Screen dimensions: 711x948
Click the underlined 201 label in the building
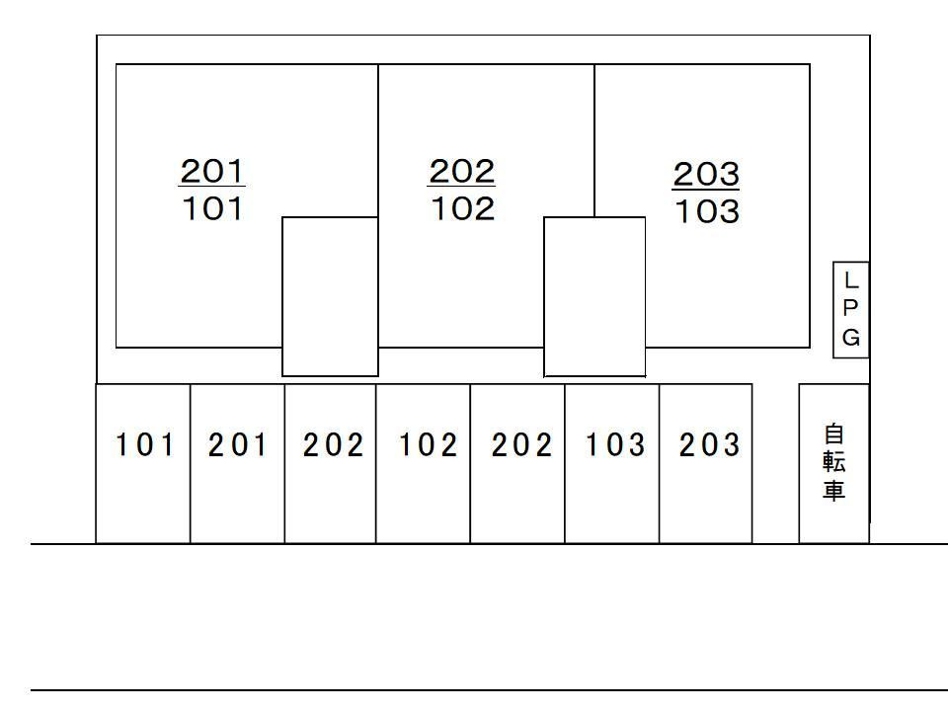(212, 171)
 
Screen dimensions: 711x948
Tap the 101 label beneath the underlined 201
(212, 209)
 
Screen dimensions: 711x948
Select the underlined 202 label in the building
(461, 171)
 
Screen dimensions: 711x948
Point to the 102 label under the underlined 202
(461, 209)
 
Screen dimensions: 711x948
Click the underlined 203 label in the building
(706, 175)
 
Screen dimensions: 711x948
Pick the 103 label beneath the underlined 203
(706, 212)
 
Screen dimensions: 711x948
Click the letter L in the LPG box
(851, 281)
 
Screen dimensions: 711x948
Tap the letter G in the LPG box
(851, 338)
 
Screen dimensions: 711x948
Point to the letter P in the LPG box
(851, 309)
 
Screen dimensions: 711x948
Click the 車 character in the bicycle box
(834, 491)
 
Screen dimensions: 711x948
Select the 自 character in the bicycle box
(834, 434)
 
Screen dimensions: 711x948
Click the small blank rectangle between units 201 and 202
(331, 296)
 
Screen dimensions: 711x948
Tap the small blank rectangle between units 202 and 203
(594, 296)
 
